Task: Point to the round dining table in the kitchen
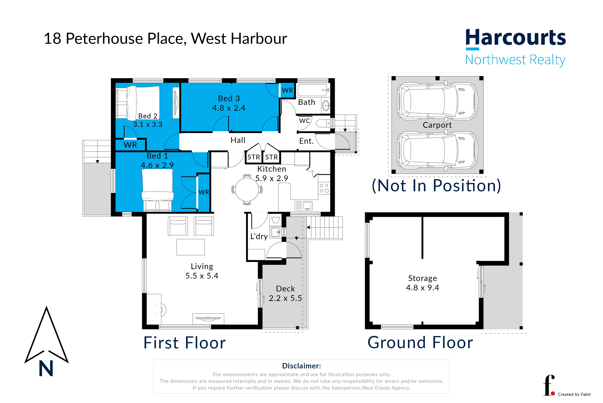[247, 189]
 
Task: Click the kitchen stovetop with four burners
[324, 188]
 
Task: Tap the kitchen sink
[303, 205]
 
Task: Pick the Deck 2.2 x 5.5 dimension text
[285, 298]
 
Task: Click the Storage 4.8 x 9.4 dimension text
[422, 288]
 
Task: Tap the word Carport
[437, 125]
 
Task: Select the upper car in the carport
[437, 101]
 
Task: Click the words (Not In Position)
[436, 186]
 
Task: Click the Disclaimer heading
[301, 366]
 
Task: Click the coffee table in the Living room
[190, 247]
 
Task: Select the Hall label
[238, 140]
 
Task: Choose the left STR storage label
[254, 157]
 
